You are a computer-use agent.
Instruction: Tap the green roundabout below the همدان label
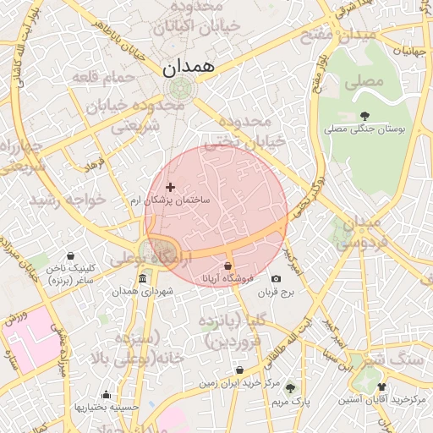tap(179, 87)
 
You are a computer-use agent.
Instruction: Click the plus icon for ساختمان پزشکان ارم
tap(170, 187)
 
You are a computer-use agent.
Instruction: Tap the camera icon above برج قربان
tap(276, 279)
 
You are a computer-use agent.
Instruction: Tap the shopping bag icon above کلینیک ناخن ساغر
tap(69, 256)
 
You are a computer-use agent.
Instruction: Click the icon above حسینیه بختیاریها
tap(106, 395)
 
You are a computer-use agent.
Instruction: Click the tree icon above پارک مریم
tap(290, 388)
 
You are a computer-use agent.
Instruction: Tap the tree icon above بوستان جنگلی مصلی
tap(364, 116)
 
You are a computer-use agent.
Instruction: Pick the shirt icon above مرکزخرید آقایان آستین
tap(381, 386)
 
